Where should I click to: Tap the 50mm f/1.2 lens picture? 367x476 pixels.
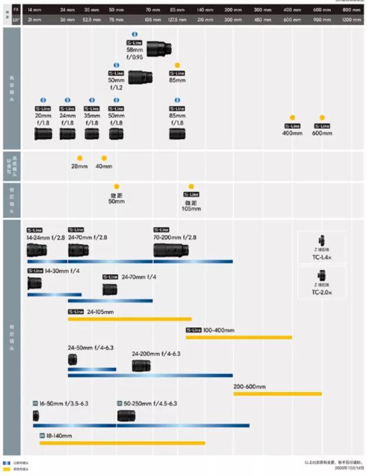(x=140, y=76)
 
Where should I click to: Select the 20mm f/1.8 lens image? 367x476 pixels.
(x=44, y=134)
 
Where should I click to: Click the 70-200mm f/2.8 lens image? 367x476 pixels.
(x=171, y=250)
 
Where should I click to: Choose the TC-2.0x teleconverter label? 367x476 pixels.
(x=322, y=292)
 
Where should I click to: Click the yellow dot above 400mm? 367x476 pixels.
(x=292, y=118)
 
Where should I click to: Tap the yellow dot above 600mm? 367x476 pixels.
(x=322, y=118)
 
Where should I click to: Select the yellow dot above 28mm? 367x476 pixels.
(x=79, y=158)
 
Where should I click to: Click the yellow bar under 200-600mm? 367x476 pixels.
(x=277, y=394)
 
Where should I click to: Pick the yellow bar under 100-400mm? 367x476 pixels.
(x=239, y=337)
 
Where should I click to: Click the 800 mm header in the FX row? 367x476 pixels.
(x=351, y=11)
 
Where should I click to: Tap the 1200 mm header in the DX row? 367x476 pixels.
(x=351, y=19)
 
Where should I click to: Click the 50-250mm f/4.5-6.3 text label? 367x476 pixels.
(x=149, y=404)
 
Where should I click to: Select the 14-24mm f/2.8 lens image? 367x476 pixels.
(x=36, y=250)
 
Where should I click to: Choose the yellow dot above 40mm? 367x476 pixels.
(x=104, y=158)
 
